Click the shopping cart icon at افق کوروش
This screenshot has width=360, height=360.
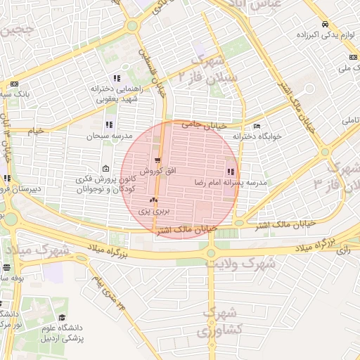click(158, 160)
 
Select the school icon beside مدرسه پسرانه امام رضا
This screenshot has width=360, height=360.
click(230, 172)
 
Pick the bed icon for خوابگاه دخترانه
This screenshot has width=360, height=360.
click(257, 127)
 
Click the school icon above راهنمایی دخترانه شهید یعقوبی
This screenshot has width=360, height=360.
click(117, 78)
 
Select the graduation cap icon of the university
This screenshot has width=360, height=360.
click(62, 318)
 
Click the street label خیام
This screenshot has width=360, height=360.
click(36, 131)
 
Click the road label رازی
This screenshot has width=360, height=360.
click(345, 250)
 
